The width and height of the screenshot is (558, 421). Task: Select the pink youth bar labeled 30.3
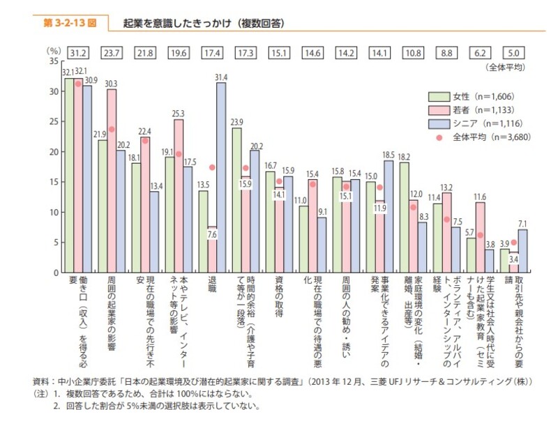click(112, 181)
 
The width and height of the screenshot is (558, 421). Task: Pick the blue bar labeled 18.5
click(389, 217)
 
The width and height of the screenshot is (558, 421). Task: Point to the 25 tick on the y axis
click(54, 121)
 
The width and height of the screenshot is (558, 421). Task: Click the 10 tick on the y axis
click(54, 212)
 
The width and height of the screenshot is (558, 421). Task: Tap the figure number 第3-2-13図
click(68, 23)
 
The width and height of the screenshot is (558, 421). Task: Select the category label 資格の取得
click(279, 296)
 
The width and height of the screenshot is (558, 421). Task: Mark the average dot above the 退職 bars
click(212, 167)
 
